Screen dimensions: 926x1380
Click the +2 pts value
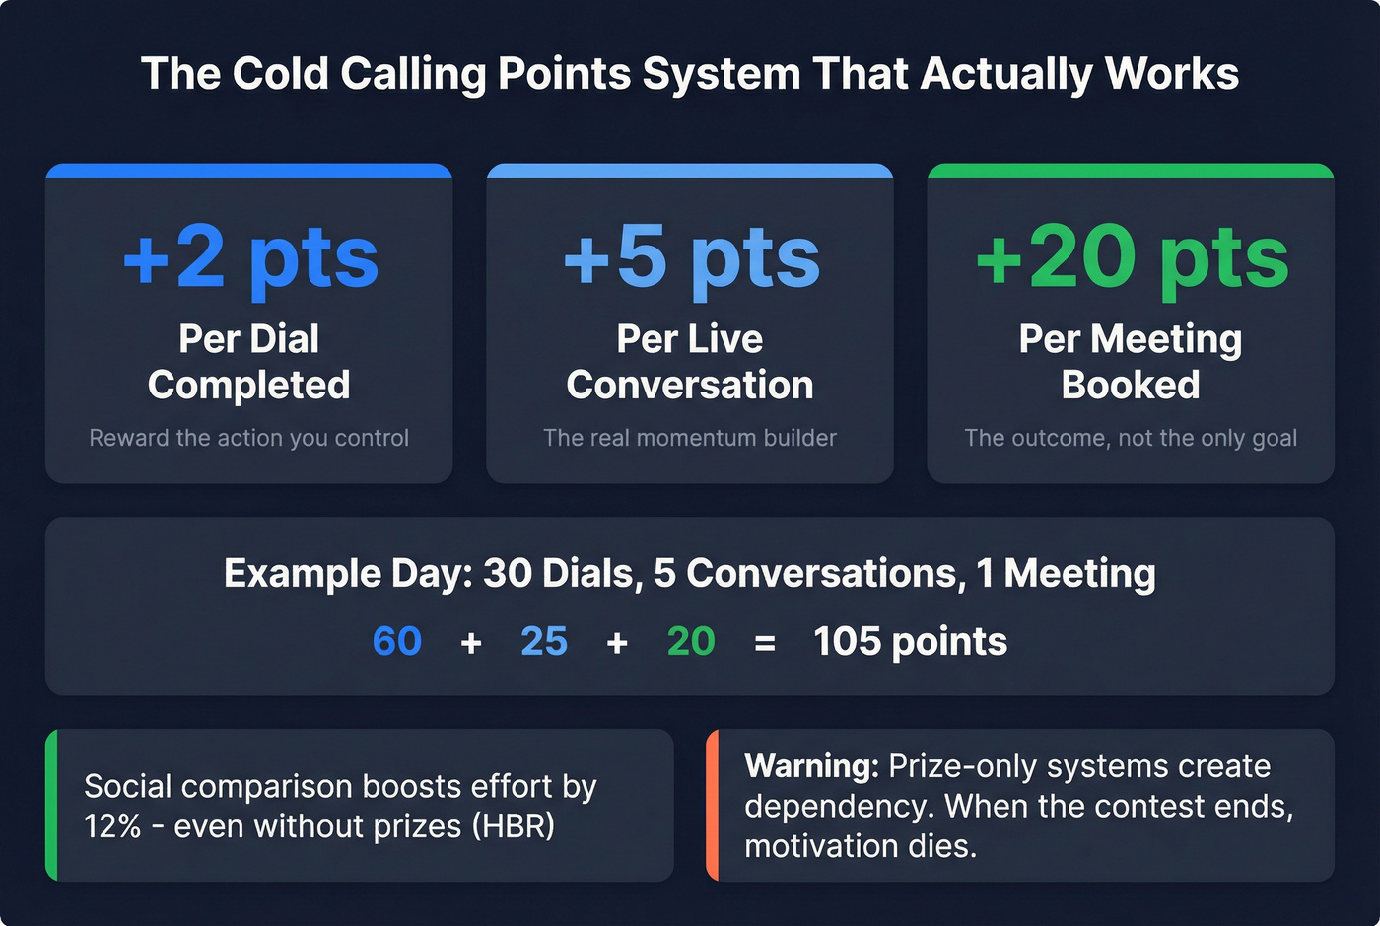250,256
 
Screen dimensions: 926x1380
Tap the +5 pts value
691,256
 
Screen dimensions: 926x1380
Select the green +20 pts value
1132,256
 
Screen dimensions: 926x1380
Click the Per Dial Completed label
249,362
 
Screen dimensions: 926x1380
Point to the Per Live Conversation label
690,362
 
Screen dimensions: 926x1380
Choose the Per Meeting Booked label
1131,362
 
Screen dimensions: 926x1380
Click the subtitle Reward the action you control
249,438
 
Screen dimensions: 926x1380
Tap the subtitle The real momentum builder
690,438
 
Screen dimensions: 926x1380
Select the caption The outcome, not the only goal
1131,438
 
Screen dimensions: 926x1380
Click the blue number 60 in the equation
397,642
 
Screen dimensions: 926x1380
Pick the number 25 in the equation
544,642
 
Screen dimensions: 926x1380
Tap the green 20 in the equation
691,642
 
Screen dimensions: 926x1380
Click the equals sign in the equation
765,644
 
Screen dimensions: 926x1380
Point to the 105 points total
910,642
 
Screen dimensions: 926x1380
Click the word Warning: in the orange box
811,766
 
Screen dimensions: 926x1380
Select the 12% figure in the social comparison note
112,826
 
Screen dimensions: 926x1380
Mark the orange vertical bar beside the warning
713,805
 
